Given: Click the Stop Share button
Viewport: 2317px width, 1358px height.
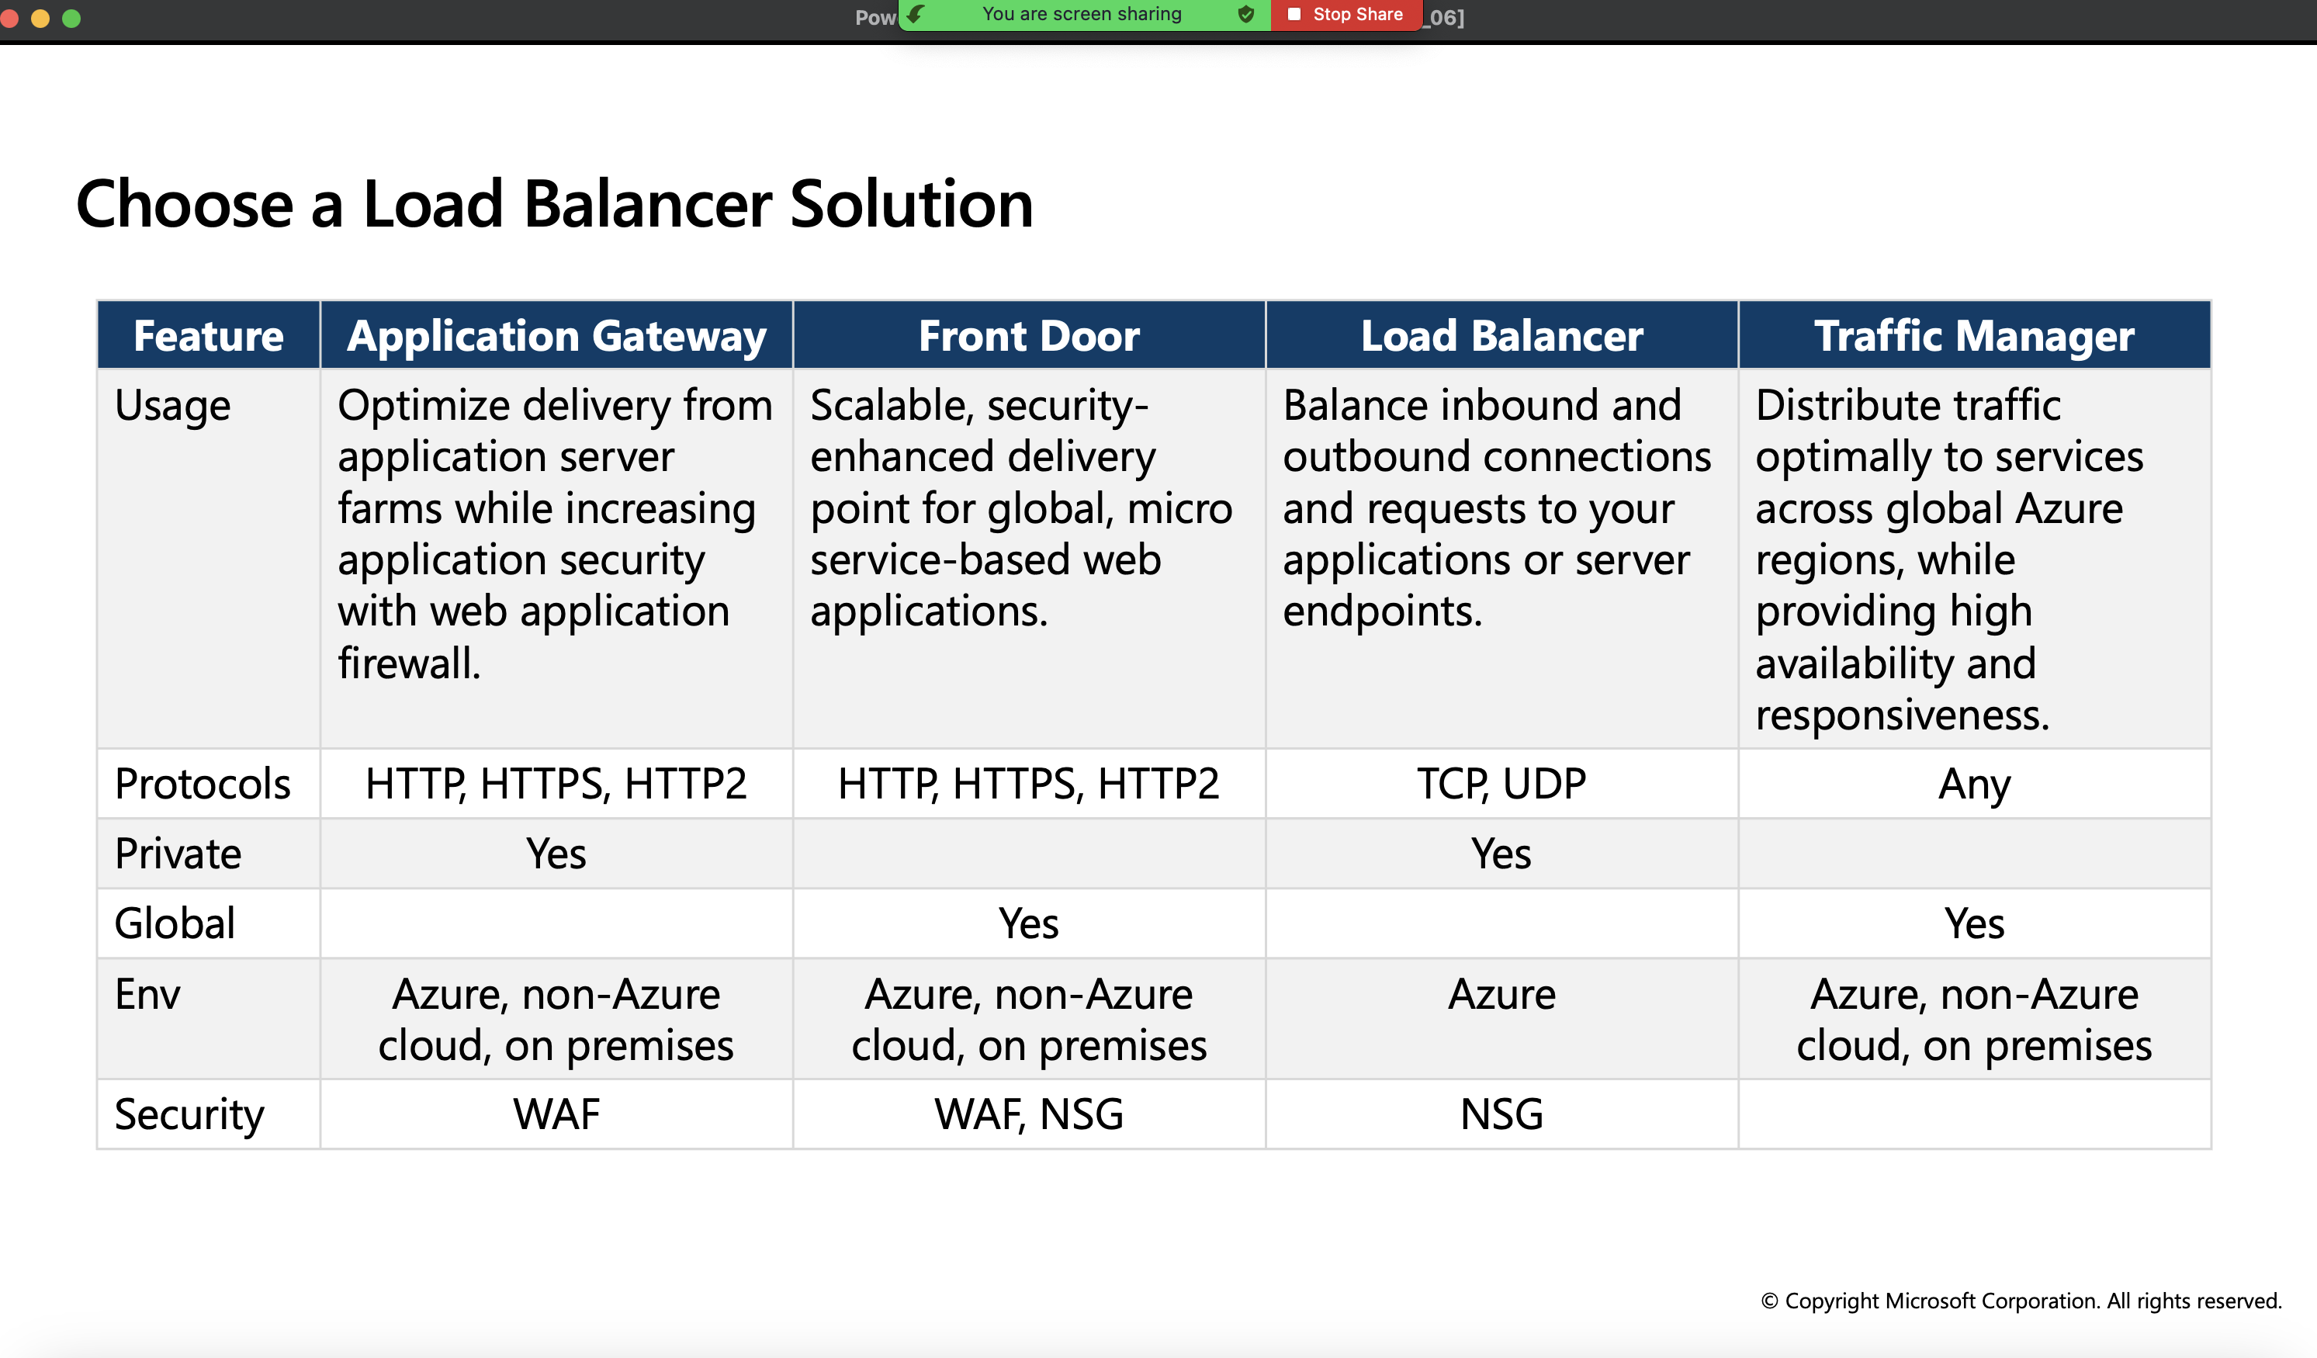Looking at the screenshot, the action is (1346, 15).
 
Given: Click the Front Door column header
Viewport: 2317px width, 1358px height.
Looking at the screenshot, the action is (1029, 335).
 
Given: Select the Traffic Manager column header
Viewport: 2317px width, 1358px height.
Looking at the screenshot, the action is (1974, 335).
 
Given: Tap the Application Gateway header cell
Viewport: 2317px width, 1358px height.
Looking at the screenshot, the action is (556, 335).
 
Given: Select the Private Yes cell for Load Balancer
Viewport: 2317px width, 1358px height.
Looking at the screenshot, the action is (1501, 854).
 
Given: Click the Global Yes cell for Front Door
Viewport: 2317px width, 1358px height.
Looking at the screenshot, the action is (1029, 924).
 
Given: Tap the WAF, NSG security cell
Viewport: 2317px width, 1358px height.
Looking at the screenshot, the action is (1029, 1114).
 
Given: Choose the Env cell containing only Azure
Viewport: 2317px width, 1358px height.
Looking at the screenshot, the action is (1501, 1019).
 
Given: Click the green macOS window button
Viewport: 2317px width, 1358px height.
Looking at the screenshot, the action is (71, 18).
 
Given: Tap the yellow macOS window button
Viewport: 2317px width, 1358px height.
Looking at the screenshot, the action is (40, 18).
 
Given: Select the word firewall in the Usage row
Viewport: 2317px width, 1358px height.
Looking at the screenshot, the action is (409, 663).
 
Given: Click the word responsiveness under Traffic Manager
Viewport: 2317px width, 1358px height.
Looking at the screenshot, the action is (1903, 715).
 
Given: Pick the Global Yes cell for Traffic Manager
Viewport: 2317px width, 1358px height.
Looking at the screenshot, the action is (1974, 924).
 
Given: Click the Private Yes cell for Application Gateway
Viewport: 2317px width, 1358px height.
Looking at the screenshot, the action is (556, 854).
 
